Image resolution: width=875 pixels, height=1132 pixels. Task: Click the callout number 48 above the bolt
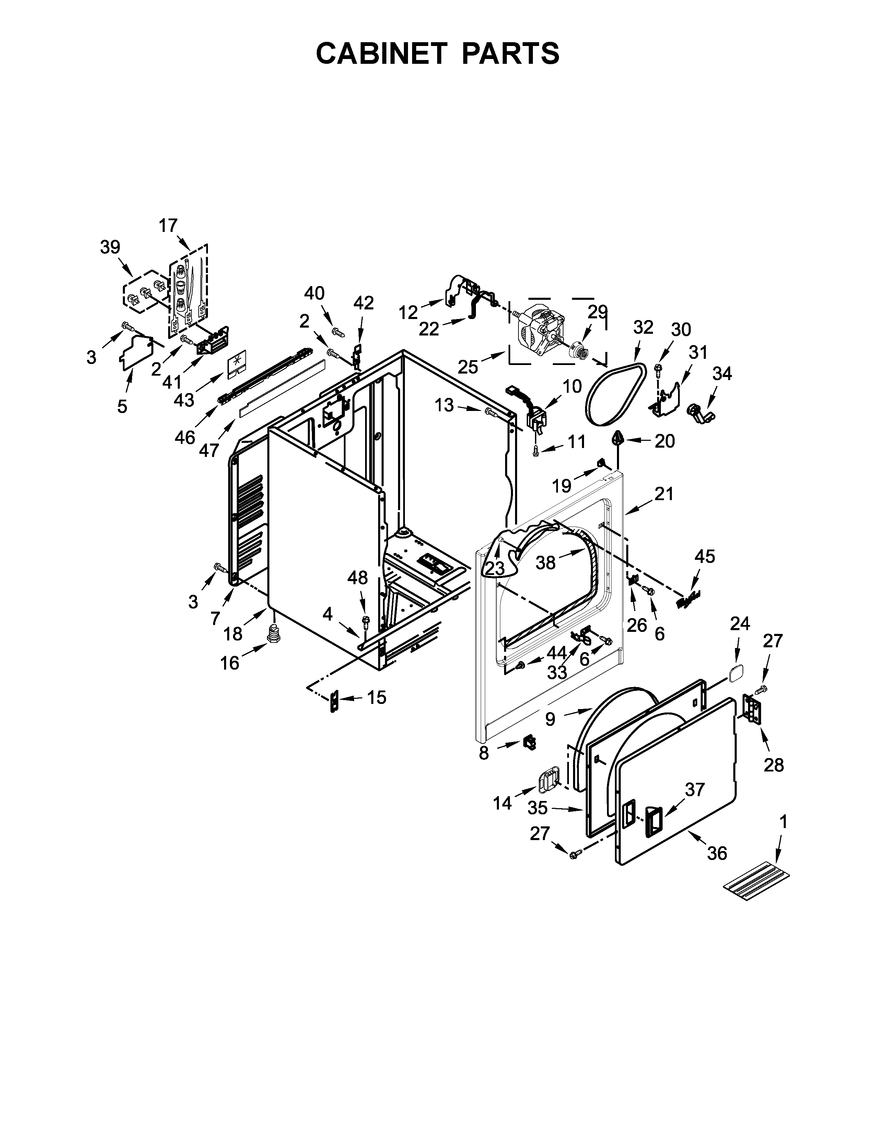(358, 577)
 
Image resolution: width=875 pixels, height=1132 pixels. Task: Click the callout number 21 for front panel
(664, 494)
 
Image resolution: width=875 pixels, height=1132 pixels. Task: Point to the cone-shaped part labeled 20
(617, 438)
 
